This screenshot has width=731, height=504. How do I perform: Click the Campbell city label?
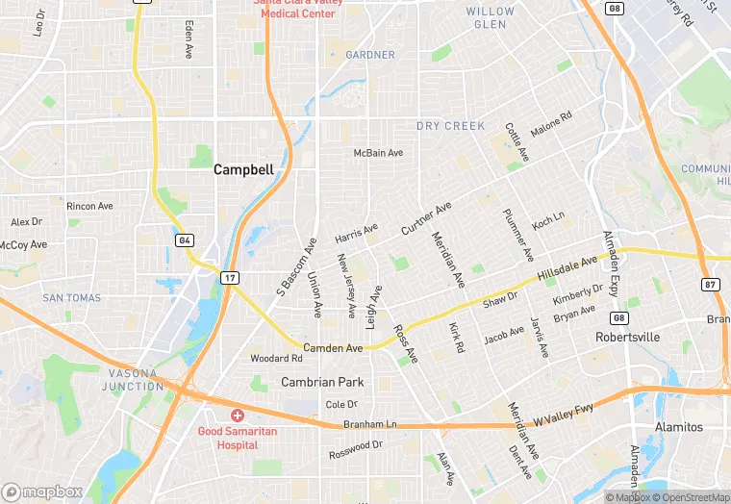(x=243, y=169)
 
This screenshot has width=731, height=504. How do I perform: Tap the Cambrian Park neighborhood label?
(x=322, y=382)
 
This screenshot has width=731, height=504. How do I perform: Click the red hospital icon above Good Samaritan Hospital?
(x=238, y=415)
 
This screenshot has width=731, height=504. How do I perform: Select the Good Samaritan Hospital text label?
(x=238, y=439)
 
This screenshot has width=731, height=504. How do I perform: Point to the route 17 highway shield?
(x=229, y=278)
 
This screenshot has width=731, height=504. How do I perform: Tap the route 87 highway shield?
(x=709, y=284)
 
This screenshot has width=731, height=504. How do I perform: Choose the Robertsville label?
(x=628, y=338)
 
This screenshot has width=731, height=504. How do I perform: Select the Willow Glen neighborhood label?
(x=491, y=17)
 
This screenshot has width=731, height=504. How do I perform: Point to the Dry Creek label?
(x=451, y=126)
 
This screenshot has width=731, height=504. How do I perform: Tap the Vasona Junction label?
(x=134, y=379)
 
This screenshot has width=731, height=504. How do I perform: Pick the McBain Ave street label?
(x=378, y=153)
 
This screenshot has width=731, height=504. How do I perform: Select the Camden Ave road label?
(x=333, y=347)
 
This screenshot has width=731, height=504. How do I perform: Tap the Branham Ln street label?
(x=370, y=424)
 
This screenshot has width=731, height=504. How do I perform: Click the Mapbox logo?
(x=41, y=491)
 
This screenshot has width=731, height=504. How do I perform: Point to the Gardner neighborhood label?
(x=370, y=55)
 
